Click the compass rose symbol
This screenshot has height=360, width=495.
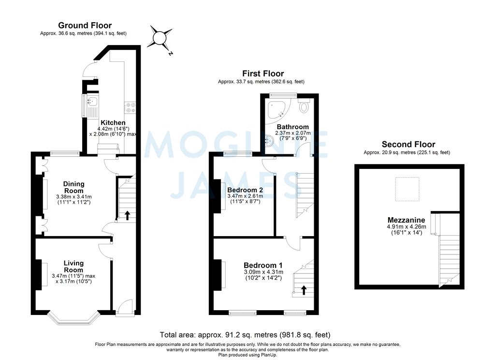tap(160, 38)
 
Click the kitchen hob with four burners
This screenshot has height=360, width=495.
tap(130, 107)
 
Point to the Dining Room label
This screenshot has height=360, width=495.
tap(73, 187)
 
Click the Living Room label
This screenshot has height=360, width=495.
tap(73, 267)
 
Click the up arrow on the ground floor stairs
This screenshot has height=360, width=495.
tap(127, 215)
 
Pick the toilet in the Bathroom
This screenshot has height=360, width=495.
tap(304, 106)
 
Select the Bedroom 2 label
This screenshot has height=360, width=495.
tap(245, 190)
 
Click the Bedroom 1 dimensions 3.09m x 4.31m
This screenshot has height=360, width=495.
tap(263, 272)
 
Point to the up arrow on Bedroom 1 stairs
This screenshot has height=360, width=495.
tap(304, 290)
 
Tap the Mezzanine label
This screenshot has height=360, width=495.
tap(402, 220)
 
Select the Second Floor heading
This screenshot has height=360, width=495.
tap(408, 144)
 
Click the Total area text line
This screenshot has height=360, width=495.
tap(245, 335)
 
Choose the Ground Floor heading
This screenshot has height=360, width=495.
tap(85, 25)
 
